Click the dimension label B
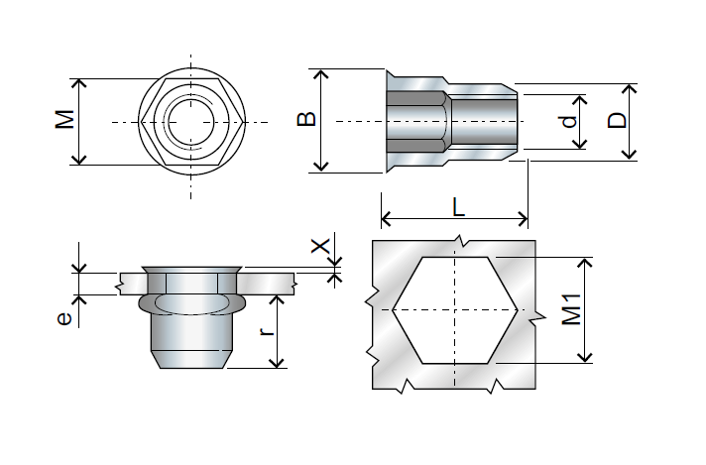point(307,119)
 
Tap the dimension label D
point(617,121)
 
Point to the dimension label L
point(456,206)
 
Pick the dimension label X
point(319,246)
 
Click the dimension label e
point(63,318)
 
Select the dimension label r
point(265,331)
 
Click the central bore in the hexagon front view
point(188,122)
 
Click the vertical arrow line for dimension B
point(320,149)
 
